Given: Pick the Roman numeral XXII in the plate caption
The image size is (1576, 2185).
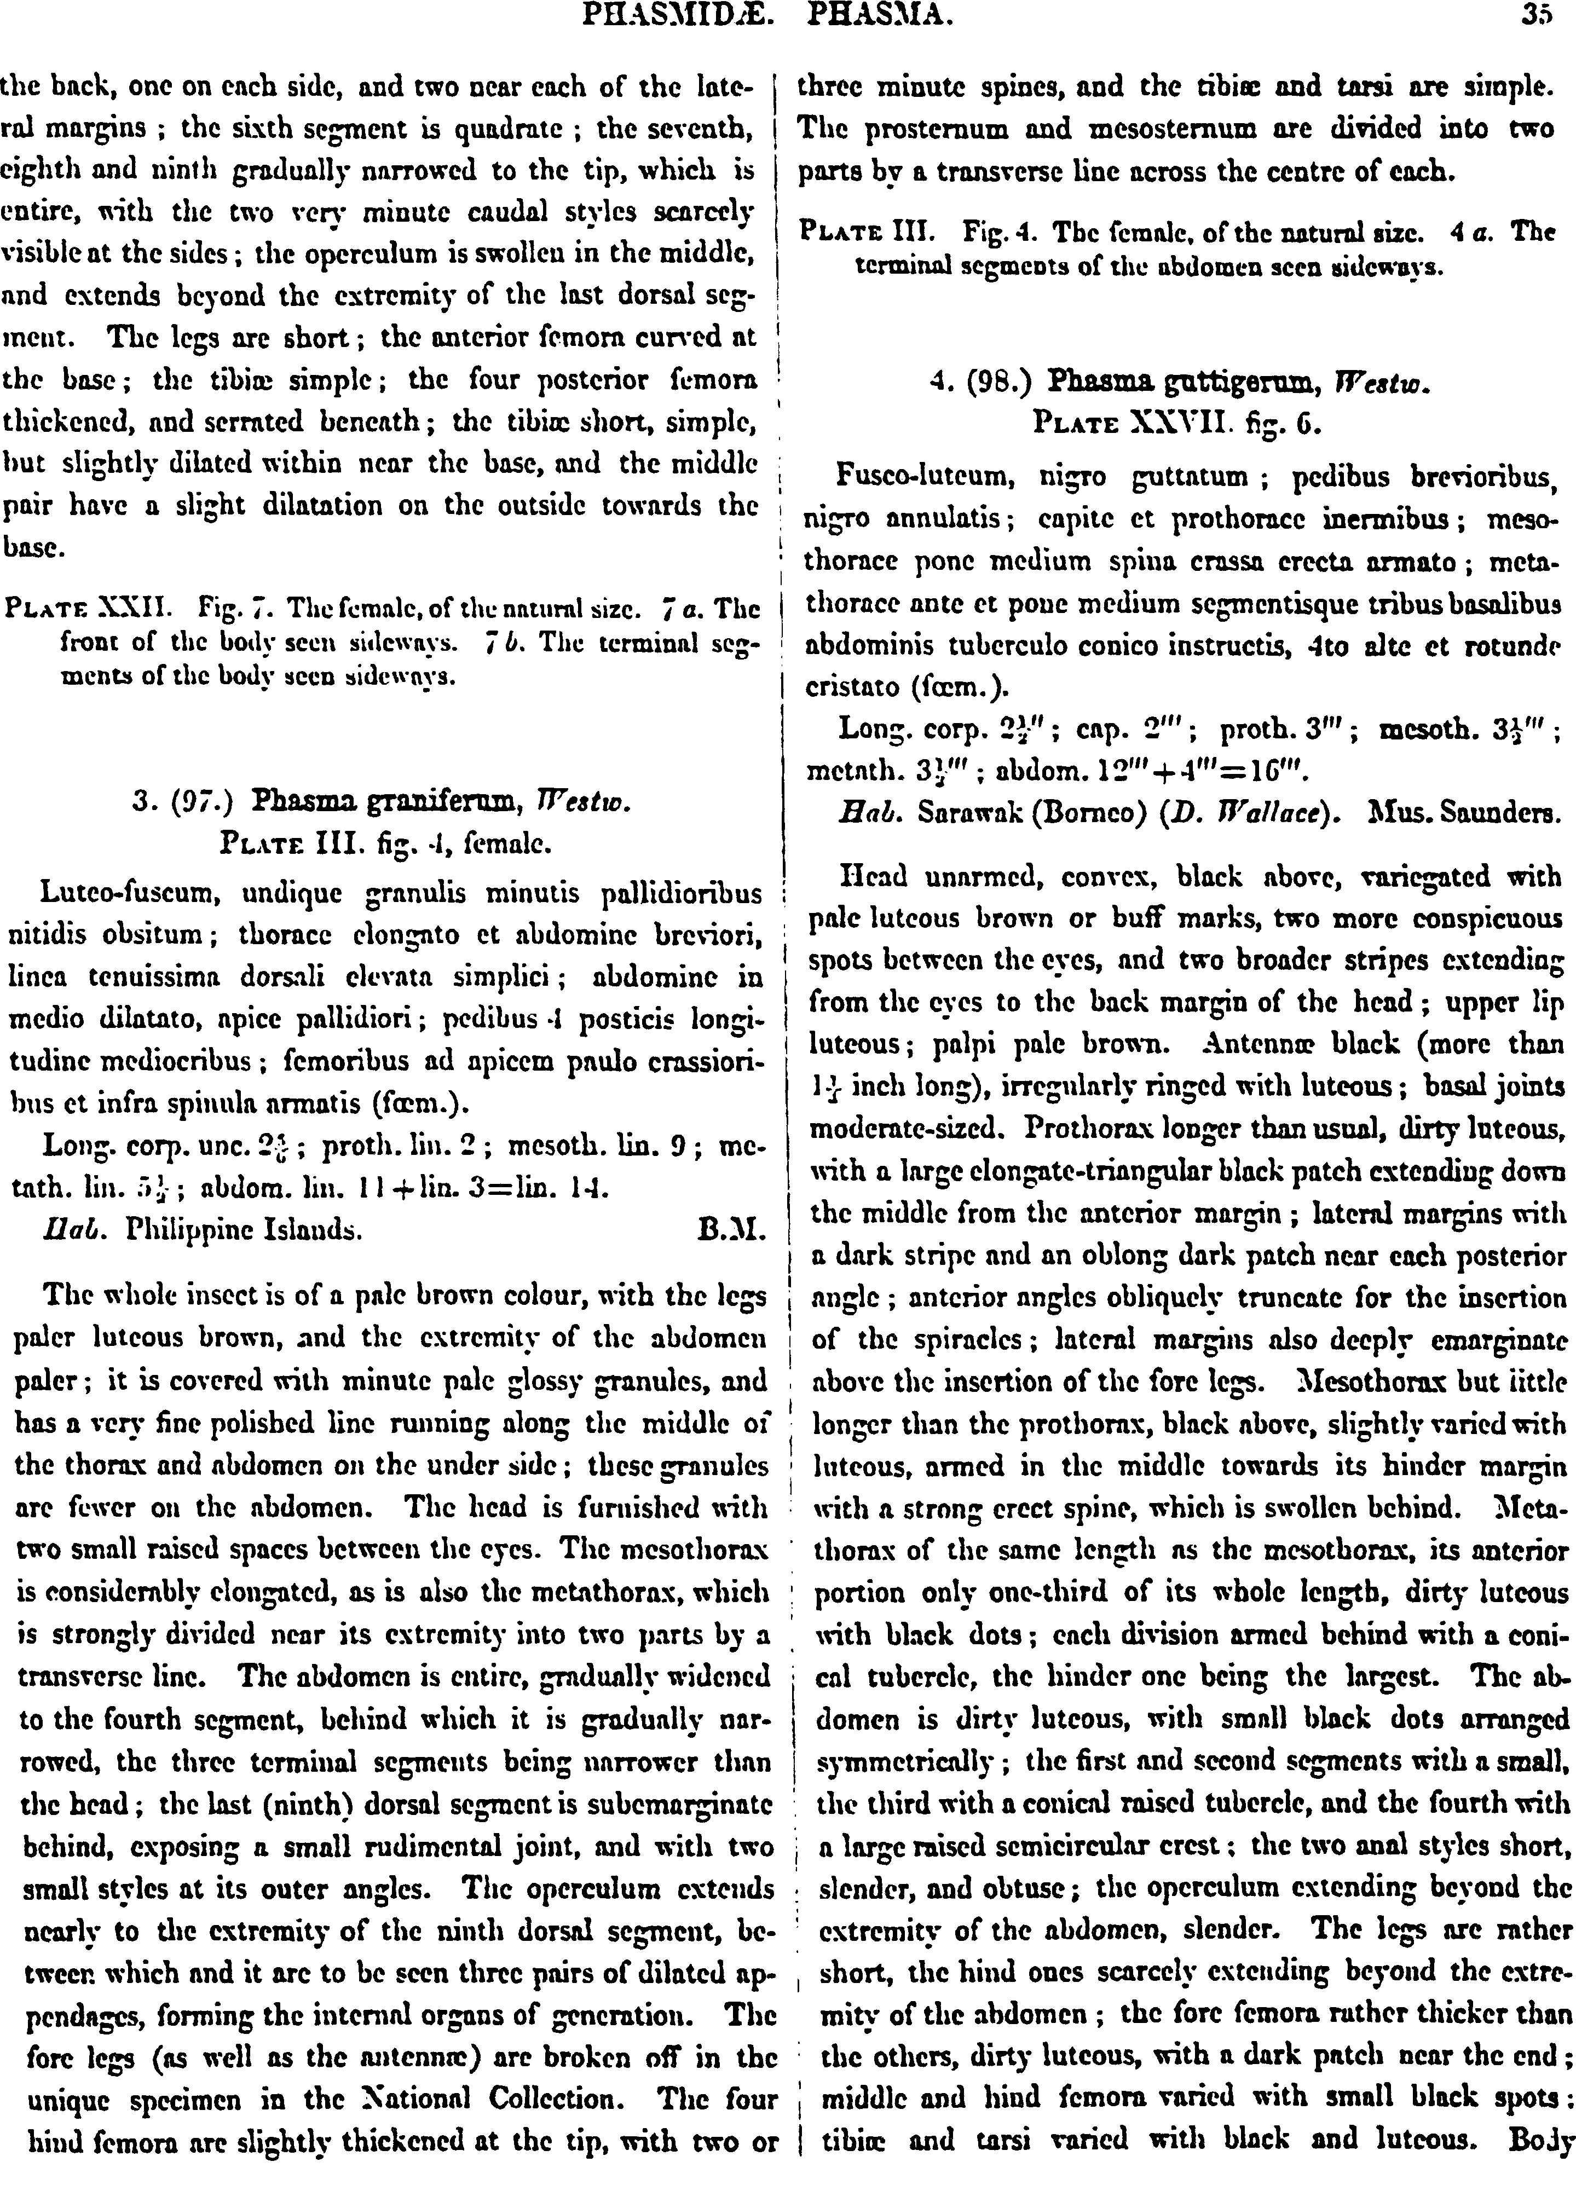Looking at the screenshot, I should (142, 609).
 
